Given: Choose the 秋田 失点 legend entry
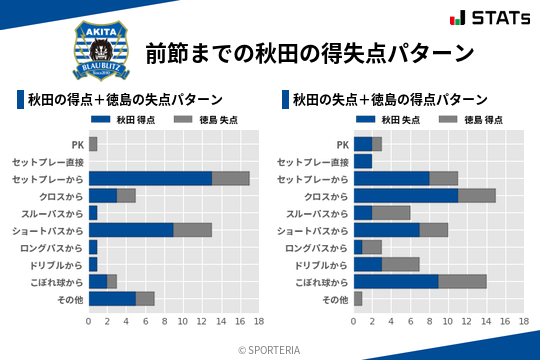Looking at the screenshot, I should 382,120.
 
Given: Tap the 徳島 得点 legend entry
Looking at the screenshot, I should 463,120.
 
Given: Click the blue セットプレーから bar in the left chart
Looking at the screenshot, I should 150,178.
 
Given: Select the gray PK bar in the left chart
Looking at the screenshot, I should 93,144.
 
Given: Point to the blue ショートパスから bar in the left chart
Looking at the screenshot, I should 131,230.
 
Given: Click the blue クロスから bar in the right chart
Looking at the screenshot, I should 406,195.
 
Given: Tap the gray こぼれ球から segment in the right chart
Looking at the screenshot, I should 463,281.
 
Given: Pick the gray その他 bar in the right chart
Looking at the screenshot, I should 358,298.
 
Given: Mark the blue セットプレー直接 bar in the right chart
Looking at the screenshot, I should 363,161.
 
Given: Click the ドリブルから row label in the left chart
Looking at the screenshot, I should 56,264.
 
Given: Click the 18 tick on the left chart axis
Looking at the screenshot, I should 258,322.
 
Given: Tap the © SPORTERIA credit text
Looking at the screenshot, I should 270,349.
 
